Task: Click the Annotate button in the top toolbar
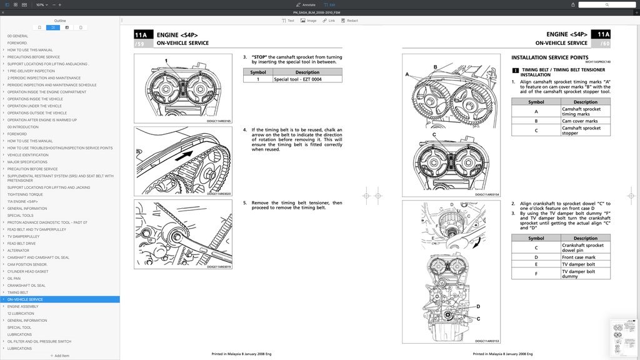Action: point(306,4)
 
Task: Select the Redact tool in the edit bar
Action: point(350,21)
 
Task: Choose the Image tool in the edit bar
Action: point(309,21)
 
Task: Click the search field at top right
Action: point(606,4)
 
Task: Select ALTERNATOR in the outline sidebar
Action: point(18,251)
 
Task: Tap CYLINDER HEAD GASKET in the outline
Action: point(27,271)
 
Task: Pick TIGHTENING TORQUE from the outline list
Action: point(25,194)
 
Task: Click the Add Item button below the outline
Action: point(60,356)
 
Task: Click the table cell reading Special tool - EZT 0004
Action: point(297,79)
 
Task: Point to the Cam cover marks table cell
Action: point(579,121)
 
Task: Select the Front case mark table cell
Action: point(579,257)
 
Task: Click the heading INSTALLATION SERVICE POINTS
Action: point(549,57)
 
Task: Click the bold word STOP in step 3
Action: point(259,57)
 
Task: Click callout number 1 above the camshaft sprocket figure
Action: point(166,61)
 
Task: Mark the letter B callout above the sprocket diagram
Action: point(435,67)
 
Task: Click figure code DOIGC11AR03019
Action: point(219,267)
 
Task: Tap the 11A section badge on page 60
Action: point(603,34)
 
